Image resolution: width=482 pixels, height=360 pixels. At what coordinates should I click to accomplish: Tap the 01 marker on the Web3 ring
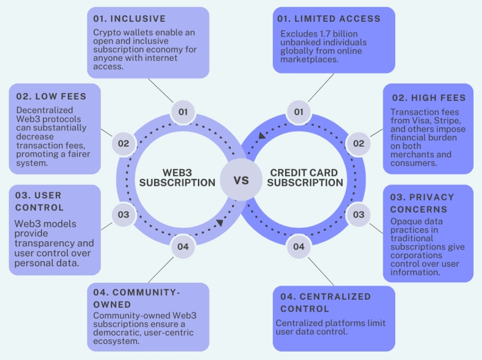point(183,112)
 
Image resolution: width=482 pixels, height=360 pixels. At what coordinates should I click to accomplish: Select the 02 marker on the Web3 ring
point(123,143)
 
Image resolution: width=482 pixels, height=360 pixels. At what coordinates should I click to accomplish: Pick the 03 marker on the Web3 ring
point(123,214)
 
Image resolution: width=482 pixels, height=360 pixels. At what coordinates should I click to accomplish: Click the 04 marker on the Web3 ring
point(183,247)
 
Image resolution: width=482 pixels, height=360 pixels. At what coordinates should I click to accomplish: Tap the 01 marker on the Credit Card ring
point(299,112)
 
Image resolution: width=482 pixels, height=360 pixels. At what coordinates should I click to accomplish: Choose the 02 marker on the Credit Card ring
point(359,143)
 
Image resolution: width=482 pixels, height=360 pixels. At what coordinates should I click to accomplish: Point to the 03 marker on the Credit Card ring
point(359,214)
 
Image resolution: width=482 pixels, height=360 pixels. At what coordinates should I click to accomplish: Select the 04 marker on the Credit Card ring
point(299,247)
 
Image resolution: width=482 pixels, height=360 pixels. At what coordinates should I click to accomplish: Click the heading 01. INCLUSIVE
point(129,19)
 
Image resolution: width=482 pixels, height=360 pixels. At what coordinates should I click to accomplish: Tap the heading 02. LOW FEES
point(51,96)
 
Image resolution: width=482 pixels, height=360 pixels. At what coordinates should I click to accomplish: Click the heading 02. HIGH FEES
point(429,98)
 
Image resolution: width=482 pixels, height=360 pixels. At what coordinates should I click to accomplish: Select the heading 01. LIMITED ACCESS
point(329,19)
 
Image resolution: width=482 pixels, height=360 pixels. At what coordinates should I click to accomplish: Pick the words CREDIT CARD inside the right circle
point(304,172)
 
